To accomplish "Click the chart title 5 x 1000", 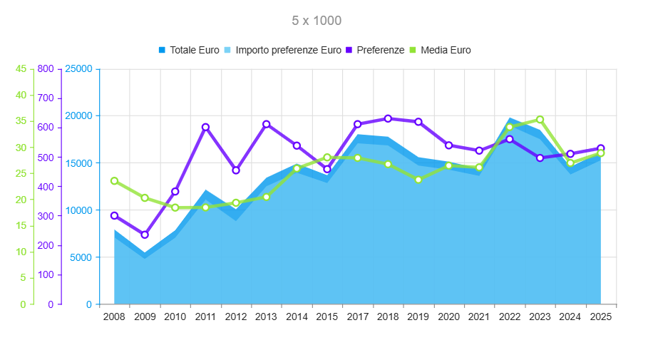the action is click(x=317, y=21).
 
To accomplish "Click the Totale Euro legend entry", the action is click(x=190, y=50).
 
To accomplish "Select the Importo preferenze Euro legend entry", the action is click(x=283, y=50).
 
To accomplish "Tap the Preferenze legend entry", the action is click(x=375, y=50).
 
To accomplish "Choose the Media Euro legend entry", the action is click(x=440, y=50).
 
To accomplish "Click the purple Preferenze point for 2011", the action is click(x=205, y=127).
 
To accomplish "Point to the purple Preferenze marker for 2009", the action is click(x=145, y=235).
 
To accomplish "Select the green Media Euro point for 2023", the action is click(x=540, y=120).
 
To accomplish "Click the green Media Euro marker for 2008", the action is click(x=115, y=180).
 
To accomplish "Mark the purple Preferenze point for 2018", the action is click(x=388, y=118).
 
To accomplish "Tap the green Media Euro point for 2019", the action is click(x=418, y=180).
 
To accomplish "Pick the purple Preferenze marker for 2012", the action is click(x=236, y=170).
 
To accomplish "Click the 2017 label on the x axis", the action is click(x=357, y=317).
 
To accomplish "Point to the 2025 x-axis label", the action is click(x=600, y=317).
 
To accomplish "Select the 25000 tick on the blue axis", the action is click(x=78, y=68).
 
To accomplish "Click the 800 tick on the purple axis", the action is click(x=46, y=68).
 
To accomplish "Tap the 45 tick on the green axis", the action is click(x=21, y=68).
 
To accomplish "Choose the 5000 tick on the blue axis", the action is click(x=81, y=257).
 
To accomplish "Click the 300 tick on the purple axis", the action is click(x=46, y=216).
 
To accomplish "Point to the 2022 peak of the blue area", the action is click(x=510, y=118).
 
